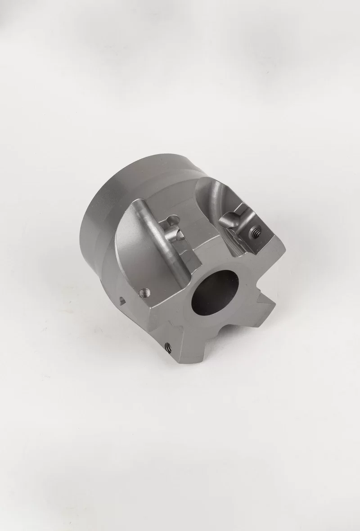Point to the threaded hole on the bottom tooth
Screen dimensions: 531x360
click(x=169, y=346)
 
